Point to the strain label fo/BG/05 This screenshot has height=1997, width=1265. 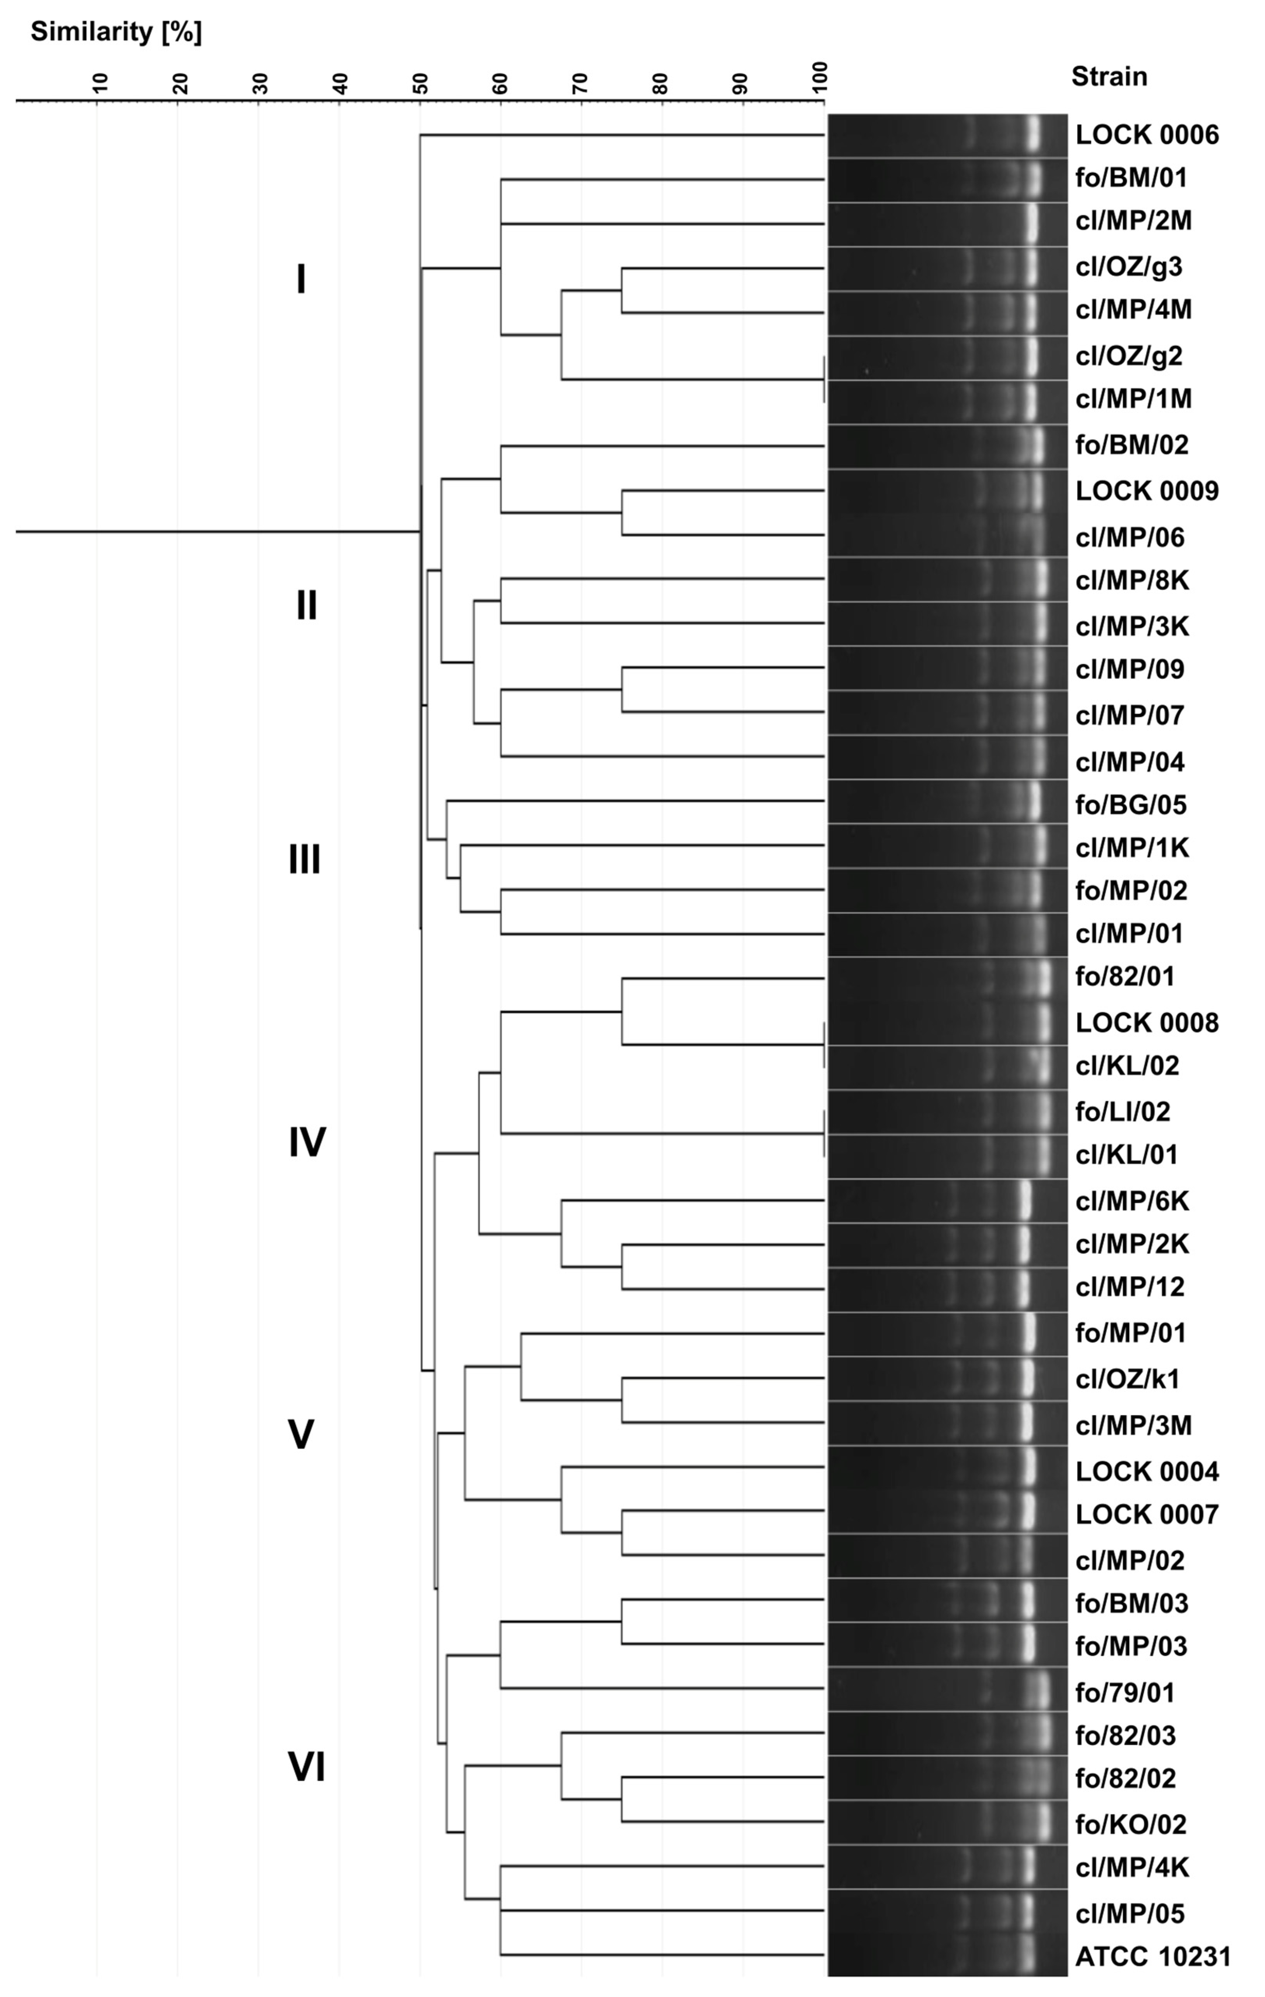tap(1131, 804)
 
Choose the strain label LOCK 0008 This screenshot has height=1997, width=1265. tap(1147, 1023)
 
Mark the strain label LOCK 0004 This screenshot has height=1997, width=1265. tap(1147, 1471)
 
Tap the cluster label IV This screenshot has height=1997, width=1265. tap(307, 1142)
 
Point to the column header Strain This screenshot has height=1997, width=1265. tap(1108, 76)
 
